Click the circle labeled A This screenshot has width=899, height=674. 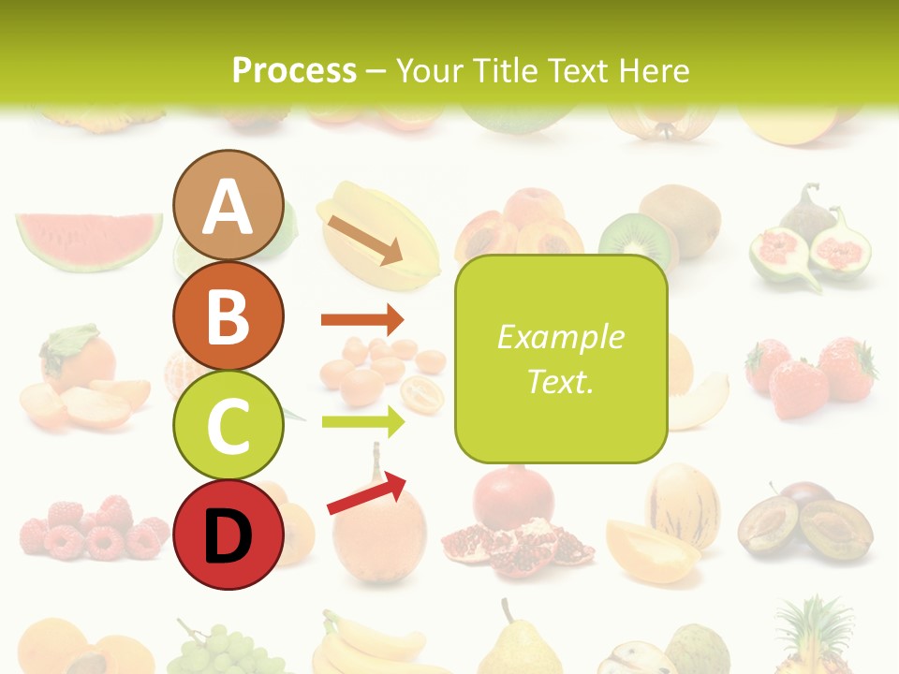coord(228,206)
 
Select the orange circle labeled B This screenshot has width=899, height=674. coord(228,316)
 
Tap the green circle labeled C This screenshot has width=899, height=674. coord(228,426)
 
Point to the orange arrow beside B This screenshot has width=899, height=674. coord(362,320)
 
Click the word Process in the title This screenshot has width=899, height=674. coord(294,71)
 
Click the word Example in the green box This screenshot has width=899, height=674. coord(560,337)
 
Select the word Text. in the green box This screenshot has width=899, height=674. coord(560,382)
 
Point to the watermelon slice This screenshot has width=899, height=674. coord(89,239)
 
